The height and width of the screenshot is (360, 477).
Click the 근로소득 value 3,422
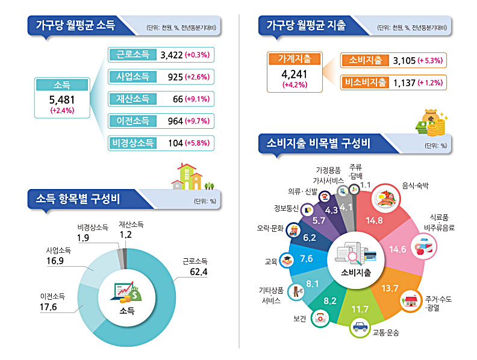click(172, 55)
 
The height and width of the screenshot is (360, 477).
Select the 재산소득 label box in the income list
click(132, 99)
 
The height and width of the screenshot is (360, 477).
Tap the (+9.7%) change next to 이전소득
click(197, 121)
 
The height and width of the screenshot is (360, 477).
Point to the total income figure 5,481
click(62, 100)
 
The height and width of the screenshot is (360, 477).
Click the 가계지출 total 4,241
click(294, 74)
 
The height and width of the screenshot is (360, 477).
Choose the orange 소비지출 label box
click(365, 60)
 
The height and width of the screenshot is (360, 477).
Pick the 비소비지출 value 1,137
click(404, 82)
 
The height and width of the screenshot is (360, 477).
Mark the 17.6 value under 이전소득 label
click(48, 307)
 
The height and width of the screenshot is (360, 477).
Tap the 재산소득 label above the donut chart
click(131, 225)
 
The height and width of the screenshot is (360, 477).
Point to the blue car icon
click(360, 327)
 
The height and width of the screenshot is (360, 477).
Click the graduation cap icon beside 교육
click(287, 260)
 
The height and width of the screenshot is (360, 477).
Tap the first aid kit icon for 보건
click(320, 318)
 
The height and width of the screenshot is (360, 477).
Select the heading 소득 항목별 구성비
click(78, 199)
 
